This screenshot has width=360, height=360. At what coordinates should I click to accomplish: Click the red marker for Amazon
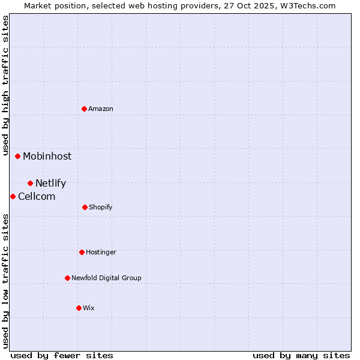pyautogui.click(x=85, y=109)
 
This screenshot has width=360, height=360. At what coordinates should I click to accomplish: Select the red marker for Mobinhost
pyautogui.click(x=18, y=156)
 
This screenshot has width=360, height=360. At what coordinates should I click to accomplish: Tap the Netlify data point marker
pyautogui.click(x=30, y=183)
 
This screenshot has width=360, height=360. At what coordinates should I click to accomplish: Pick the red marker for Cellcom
pyautogui.click(x=13, y=196)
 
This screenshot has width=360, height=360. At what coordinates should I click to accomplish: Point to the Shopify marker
pyautogui.click(x=85, y=207)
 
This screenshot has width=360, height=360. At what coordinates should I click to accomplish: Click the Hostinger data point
pyautogui.click(x=82, y=252)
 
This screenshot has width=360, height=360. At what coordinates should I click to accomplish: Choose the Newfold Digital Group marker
pyautogui.click(x=67, y=278)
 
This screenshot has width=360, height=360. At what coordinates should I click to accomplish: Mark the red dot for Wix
pyautogui.click(x=79, y=308)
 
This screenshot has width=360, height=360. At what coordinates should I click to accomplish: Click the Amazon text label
pyautogui.click(x=101, y=109)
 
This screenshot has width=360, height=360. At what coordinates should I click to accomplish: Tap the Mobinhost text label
pyautogui.click(x=47, y=156)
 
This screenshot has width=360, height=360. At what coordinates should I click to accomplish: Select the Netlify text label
pyautogui.click(x=50, y=183)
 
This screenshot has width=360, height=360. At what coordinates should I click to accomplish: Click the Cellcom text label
pyautogui.click(x=37, y=196)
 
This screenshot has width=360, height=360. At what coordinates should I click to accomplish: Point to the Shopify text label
pyautogui.click(x=101, y=207)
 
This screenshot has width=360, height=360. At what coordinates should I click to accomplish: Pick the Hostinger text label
pyautogui.click(x=101, y=252)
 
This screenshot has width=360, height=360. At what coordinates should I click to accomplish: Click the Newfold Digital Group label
pyautogui.click(x=106, y=278)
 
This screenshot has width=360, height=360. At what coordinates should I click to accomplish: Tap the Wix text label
pyautogui.click(x=89, y=308)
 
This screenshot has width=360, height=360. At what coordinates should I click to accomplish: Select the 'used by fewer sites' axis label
pyautogui.click(x=62, y=355)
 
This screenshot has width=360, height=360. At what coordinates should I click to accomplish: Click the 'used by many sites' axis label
pyautogui.click(x=301, y=355)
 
